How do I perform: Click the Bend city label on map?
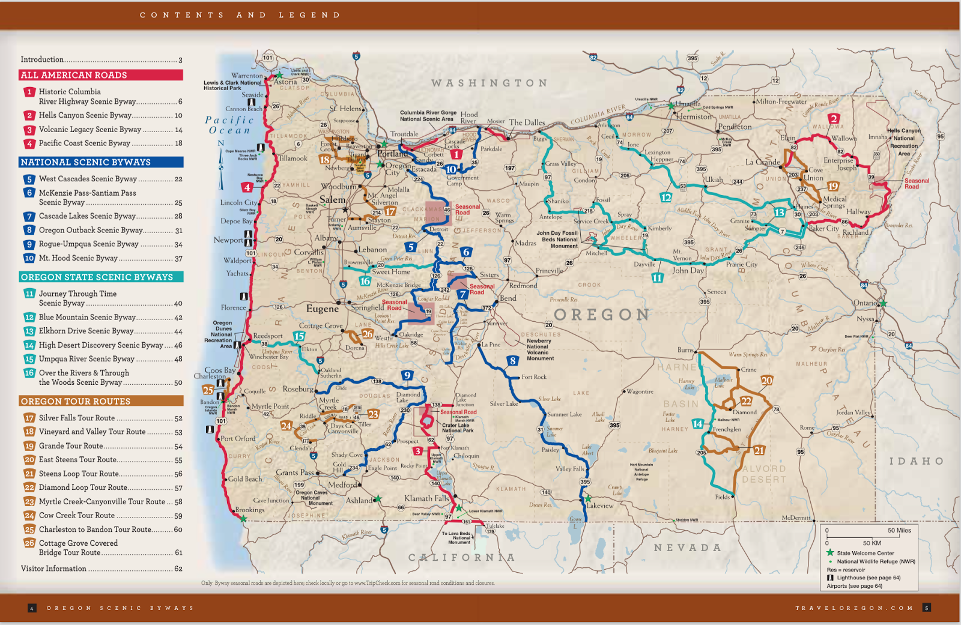point(508,298)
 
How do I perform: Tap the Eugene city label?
point(323,309)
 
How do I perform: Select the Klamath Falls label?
point(426,498)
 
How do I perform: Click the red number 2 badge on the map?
point(834,118)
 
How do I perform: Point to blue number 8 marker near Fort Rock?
point(512,361)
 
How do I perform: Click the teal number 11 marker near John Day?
point(657,278)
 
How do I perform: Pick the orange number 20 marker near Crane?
point(767,381)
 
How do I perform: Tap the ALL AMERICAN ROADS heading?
point(74,75)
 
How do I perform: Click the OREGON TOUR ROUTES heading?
point(76,401)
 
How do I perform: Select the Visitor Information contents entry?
point(54,569)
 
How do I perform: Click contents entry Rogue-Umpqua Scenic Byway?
point(88,244)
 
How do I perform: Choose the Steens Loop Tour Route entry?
point(79,474)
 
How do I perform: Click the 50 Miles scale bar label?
point(899,530)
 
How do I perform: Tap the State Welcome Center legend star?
point(830,553)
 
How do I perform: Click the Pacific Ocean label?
point(229,125)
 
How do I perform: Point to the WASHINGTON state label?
point(490,83)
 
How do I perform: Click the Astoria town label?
point(286,82)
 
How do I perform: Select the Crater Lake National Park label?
point(458,428)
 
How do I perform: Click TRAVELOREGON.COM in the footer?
point(854,608)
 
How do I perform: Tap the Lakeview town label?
point(600,506)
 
